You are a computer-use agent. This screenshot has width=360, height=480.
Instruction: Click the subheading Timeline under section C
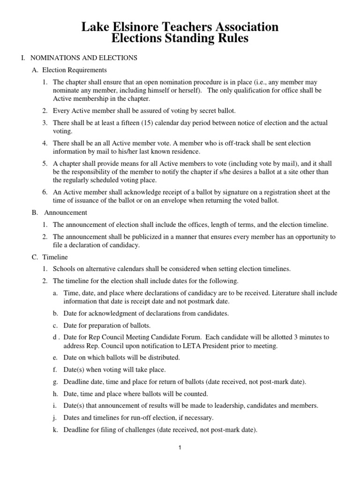(x=55, y=257)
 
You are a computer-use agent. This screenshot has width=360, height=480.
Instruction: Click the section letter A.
(x=34, y=70)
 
